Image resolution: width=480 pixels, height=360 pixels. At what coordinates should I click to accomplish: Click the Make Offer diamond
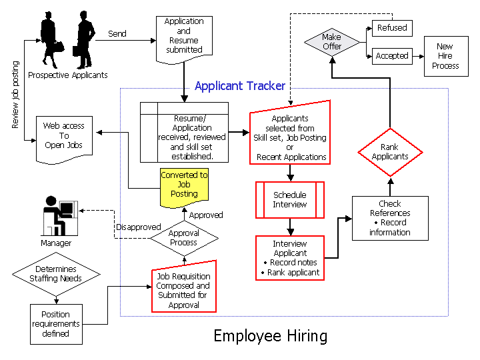[x=331, y=42]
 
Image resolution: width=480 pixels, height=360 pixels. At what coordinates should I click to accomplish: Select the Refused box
[x=391, y=28]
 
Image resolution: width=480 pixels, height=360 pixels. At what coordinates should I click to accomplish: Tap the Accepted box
[x=392, y=56]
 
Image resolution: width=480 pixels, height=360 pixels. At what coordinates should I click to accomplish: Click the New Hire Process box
[x=445, y=56]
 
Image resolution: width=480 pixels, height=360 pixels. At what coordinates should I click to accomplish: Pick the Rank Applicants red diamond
[x=390, y=152]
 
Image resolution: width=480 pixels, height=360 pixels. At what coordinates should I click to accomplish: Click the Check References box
[x=390, y=218]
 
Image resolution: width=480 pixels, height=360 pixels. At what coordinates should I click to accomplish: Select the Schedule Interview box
[x=290, y=200]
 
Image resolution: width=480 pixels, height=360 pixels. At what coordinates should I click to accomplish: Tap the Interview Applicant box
[x=290, y=257]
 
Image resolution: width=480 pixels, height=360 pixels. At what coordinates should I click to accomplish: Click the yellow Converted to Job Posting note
[x=184, y=185]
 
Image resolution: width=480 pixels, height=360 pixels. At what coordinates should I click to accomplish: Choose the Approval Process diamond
[x=183, y=238]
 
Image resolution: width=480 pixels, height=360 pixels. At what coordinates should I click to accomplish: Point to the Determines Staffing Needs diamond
[x=57, y=274]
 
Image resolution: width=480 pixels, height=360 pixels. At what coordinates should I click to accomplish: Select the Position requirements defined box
[x=56, y=324]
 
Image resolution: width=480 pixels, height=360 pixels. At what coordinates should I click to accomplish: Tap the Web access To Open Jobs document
[x=64, y=139]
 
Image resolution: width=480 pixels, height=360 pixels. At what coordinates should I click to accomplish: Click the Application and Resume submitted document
[x=184, y=39]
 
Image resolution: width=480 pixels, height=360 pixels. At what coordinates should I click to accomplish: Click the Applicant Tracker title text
[x=240, y=86]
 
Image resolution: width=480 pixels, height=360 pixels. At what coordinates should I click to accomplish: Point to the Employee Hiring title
[x=271, y=336]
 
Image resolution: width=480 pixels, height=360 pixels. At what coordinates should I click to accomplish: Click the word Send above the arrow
[x=117, y=33]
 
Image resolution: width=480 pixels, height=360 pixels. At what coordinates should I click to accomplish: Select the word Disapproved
[x=139, y=227]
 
